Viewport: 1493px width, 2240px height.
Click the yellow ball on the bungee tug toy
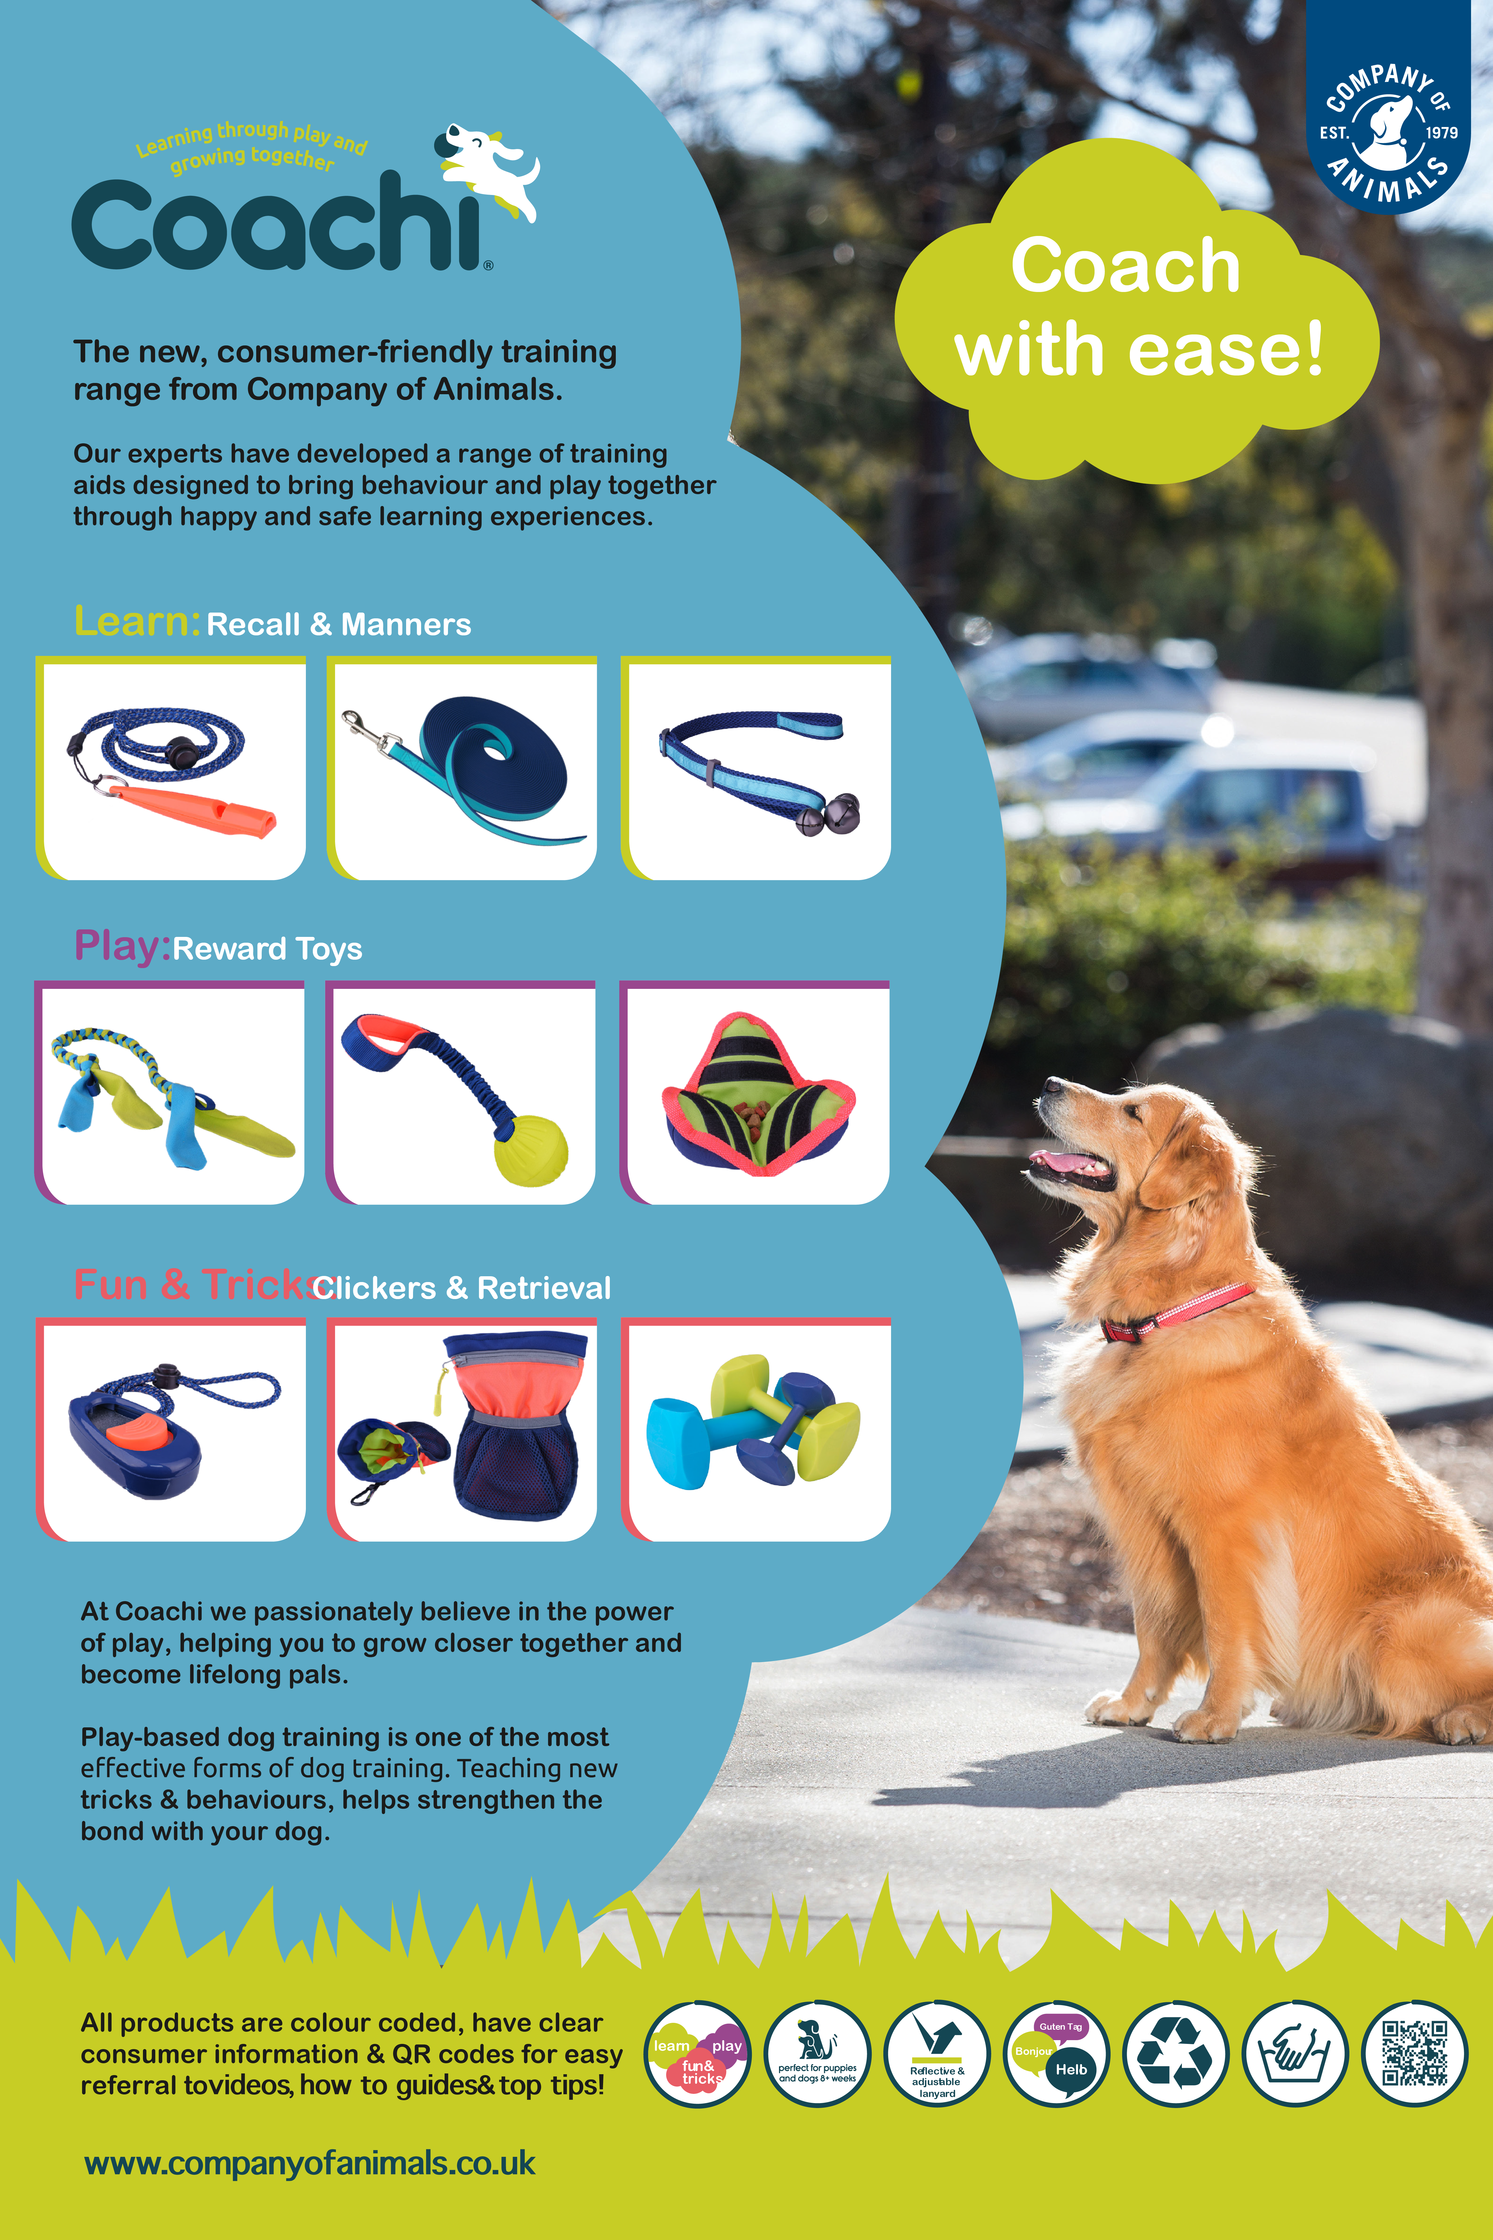[531, 1151]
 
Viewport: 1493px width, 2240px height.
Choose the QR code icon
[1415, 2053]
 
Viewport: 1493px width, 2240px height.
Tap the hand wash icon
[1296, 2053]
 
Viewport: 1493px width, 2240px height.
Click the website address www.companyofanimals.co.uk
[309, 2164]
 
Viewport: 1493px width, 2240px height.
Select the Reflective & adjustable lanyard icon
[937, 2053]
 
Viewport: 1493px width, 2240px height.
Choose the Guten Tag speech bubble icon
[1057, 2053]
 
